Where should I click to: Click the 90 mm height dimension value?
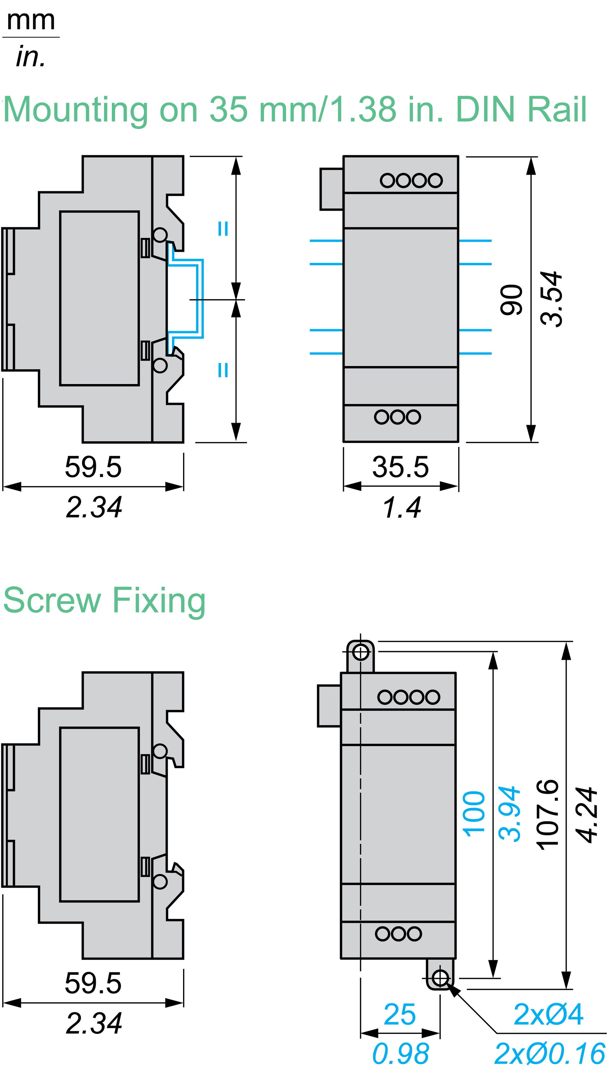coord(511,299)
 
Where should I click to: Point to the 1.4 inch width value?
coord(402,507)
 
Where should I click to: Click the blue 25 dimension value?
coord(400,1015)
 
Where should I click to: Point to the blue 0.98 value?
coord(400,1053)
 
